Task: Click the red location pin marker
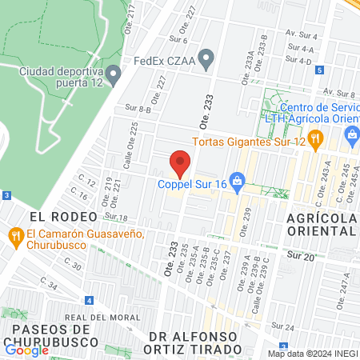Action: [x=180, y=164]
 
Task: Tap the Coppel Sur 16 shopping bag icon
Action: [x=237, y=182]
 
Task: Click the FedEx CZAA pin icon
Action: [x=206, y=58]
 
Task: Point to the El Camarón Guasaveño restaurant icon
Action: [x=14, y=235]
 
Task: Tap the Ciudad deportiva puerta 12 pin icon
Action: [x=114, y=77]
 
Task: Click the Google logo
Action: [x=26, y=350]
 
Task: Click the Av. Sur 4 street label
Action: [x=302, y=36]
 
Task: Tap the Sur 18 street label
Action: [x=117, y=218]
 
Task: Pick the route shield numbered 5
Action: [x=319, y=70]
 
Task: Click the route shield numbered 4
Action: [x=90, y=301]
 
